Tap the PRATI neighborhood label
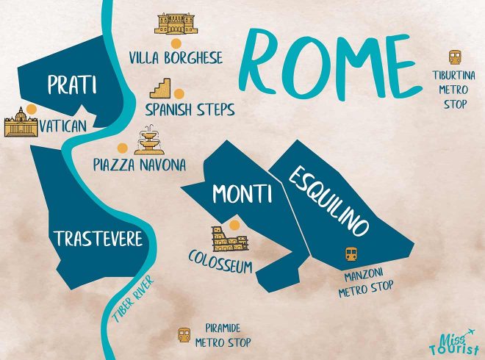point(71,85)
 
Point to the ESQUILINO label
point(328,200)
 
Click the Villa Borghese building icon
point(175,24)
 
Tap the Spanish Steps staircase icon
point(160,90)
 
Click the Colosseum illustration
point(224,239)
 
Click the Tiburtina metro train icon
point(455,57)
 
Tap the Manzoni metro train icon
point(351,254)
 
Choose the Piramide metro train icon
point(184,334)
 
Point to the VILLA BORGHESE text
point(176,57)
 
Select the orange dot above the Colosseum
point(234,224)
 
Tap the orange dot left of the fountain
point(121,146)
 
